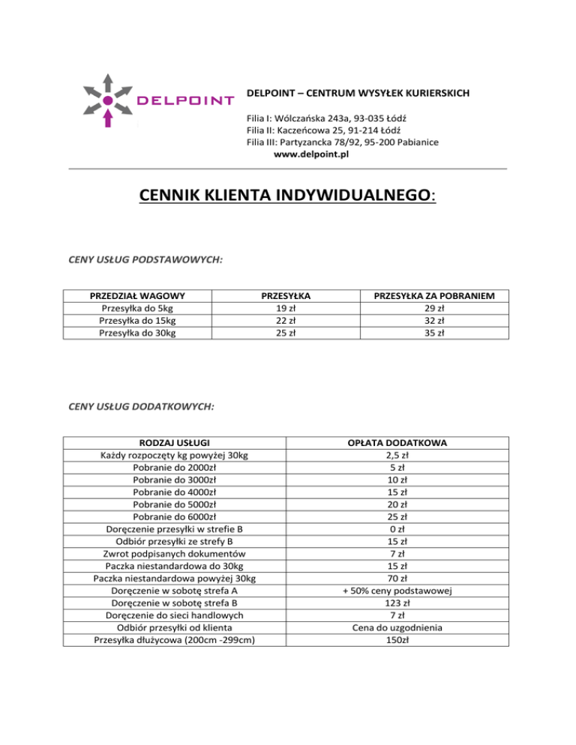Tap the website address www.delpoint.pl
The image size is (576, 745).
[311, 155]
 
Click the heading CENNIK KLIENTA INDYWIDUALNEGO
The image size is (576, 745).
[287, 196]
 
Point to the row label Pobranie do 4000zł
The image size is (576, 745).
[174, 492]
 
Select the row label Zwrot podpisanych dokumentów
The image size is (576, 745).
[174, 554]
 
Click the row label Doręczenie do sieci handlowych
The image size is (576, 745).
[174, 615]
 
